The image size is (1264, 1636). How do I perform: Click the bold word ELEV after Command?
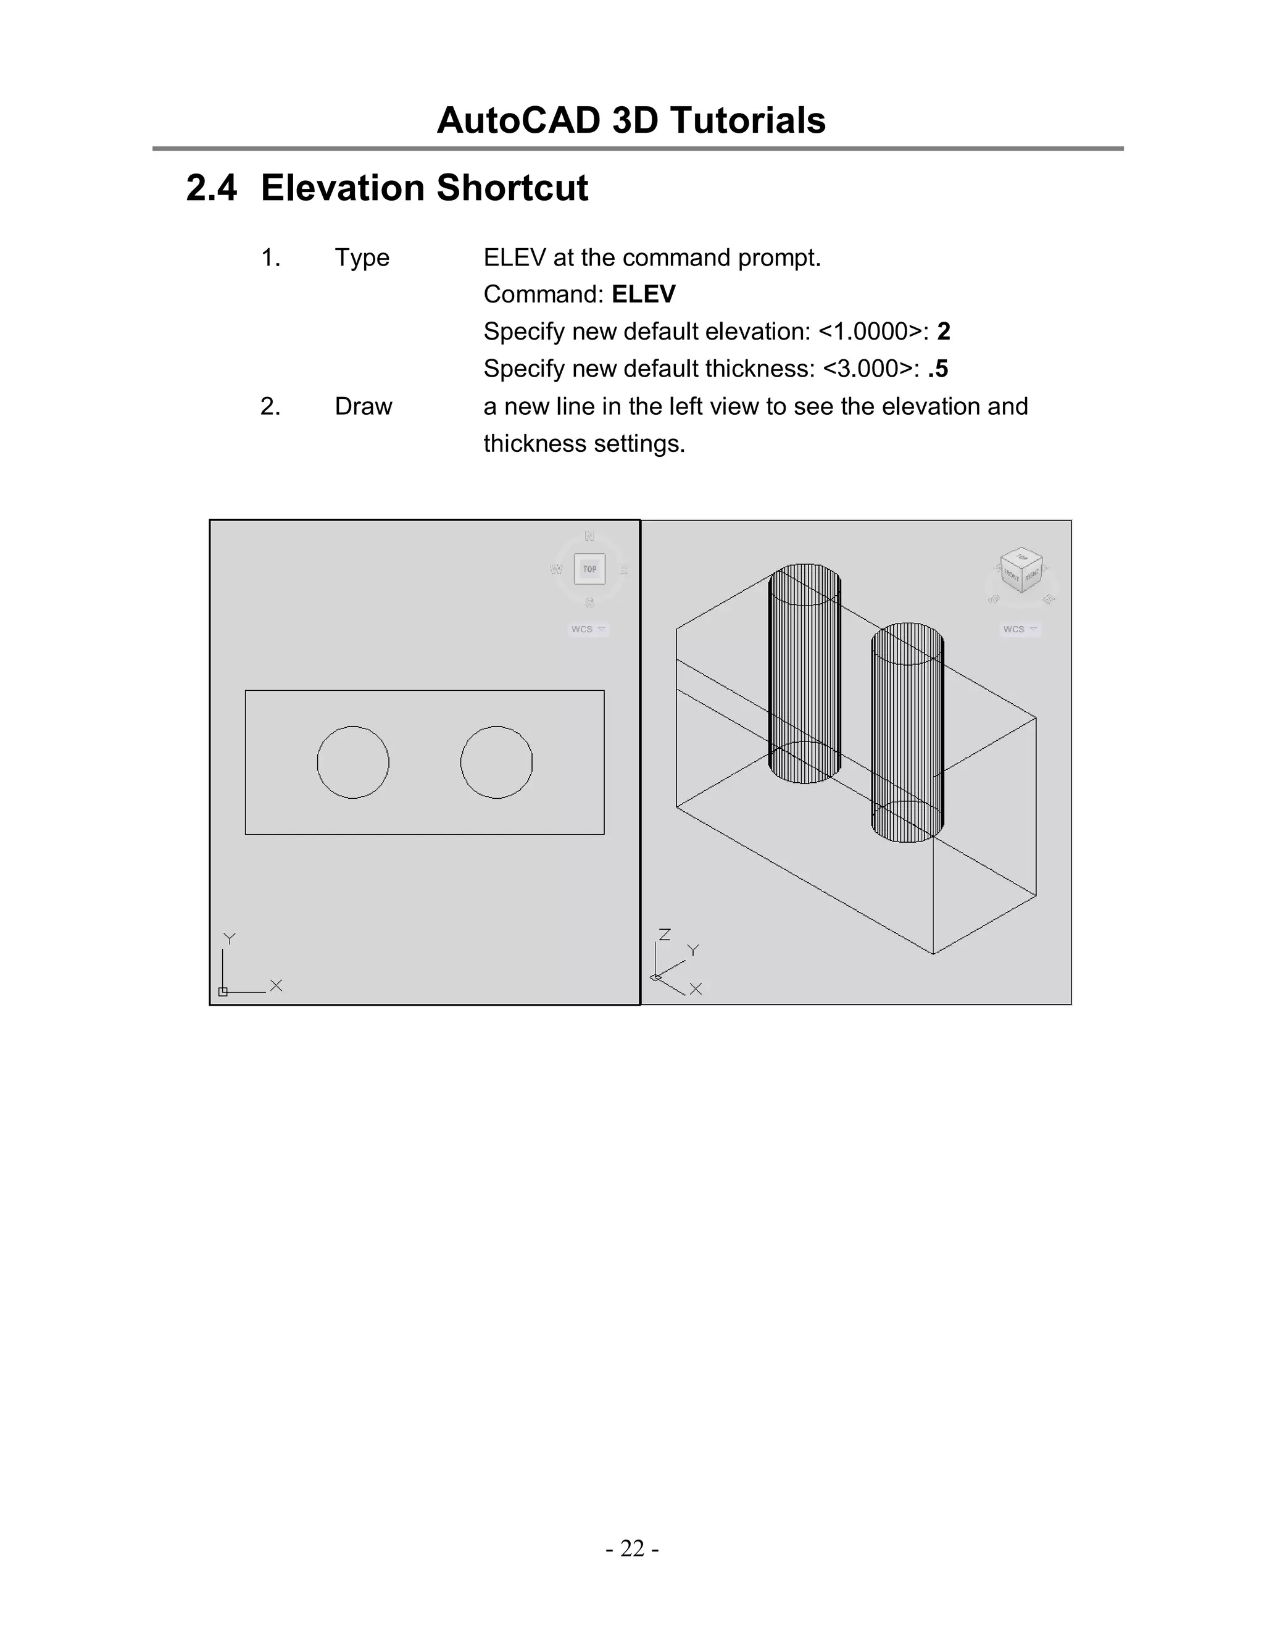[x=643, y=294]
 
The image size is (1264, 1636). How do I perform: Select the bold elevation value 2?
[x=944, y=331]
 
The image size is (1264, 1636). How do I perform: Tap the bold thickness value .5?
[x=938, y=369]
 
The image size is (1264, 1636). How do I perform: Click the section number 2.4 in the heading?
[x=211, y=188]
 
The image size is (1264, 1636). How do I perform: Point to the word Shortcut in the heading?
[x=512, y=188]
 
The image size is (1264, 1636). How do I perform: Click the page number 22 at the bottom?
[x=632, y=1548]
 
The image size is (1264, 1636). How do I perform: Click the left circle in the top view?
[x=352, y=762]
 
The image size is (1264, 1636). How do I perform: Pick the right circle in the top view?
[x=496, y=762]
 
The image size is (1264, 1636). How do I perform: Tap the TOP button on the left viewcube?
[x=589, y=569]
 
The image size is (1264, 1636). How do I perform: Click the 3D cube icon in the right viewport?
[x=1022, y=571]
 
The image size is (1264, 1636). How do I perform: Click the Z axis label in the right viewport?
[x=664, y=934]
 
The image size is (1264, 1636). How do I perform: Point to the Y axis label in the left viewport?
[x=230, y=938]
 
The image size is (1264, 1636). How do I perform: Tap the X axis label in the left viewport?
[x=276, y=986]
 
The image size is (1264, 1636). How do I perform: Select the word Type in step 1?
[x=362, y=257]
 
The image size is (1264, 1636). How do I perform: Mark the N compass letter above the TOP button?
[x=589, y=536]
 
